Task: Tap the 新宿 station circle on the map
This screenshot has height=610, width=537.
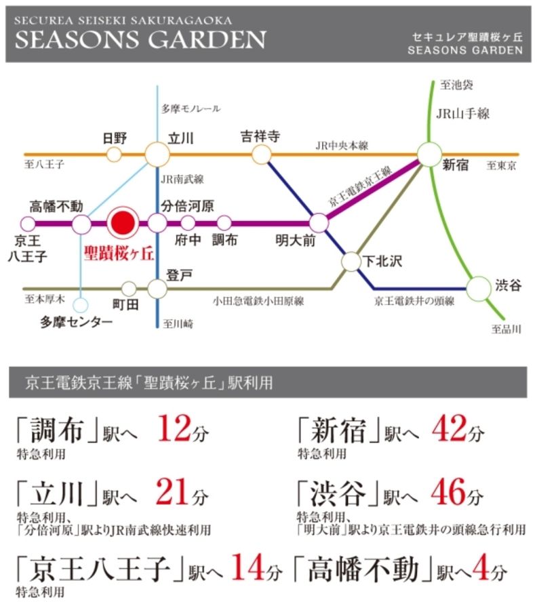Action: (x=429, y=155)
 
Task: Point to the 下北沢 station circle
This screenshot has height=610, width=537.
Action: (x=351, y=261)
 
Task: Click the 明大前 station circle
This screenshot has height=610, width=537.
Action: (x=319, y=222)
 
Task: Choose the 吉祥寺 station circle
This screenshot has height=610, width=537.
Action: (x=261, y=155)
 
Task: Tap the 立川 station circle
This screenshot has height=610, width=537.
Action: (x=157, y=155)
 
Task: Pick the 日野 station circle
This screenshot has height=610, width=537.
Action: (x=115, y=155)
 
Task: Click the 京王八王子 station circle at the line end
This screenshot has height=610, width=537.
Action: (x=28, y=223)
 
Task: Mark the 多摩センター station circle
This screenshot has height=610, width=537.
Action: (x=81, y=305)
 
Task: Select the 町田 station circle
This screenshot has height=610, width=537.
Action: (x=128, y=289)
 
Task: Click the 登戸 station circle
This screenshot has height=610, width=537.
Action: (x=157, y=289)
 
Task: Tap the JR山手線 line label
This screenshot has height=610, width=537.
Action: (x=463, y=114)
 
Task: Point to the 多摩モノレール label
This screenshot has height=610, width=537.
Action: (x=191, y=108)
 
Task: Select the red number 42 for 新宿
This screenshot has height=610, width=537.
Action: (x=449, y=429)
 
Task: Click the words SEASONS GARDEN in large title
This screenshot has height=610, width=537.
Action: (x=140, y=40)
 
